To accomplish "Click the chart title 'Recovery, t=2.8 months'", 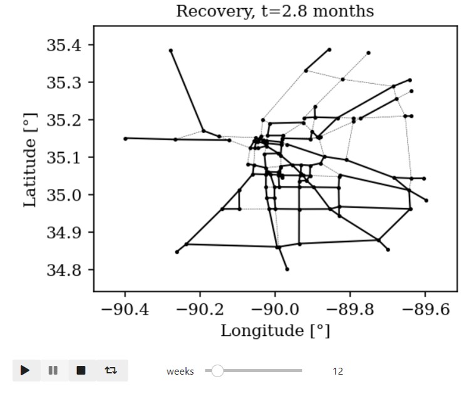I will (x=275, y=11).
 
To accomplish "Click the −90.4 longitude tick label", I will (x=125, y=308).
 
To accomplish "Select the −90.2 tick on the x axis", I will (x=200, y=308).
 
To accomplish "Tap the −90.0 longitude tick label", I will (x=275, y=308).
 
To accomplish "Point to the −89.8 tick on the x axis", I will (x=350, y=308).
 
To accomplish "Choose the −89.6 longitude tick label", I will (x=425, y=308).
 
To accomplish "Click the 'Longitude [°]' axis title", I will (x=275, y=330).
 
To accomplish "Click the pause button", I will (x=53, y=370).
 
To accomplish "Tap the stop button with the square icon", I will (x=81, y=370).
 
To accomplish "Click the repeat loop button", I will (x=111, y=370).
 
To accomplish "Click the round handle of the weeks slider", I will (x=217, y=371).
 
